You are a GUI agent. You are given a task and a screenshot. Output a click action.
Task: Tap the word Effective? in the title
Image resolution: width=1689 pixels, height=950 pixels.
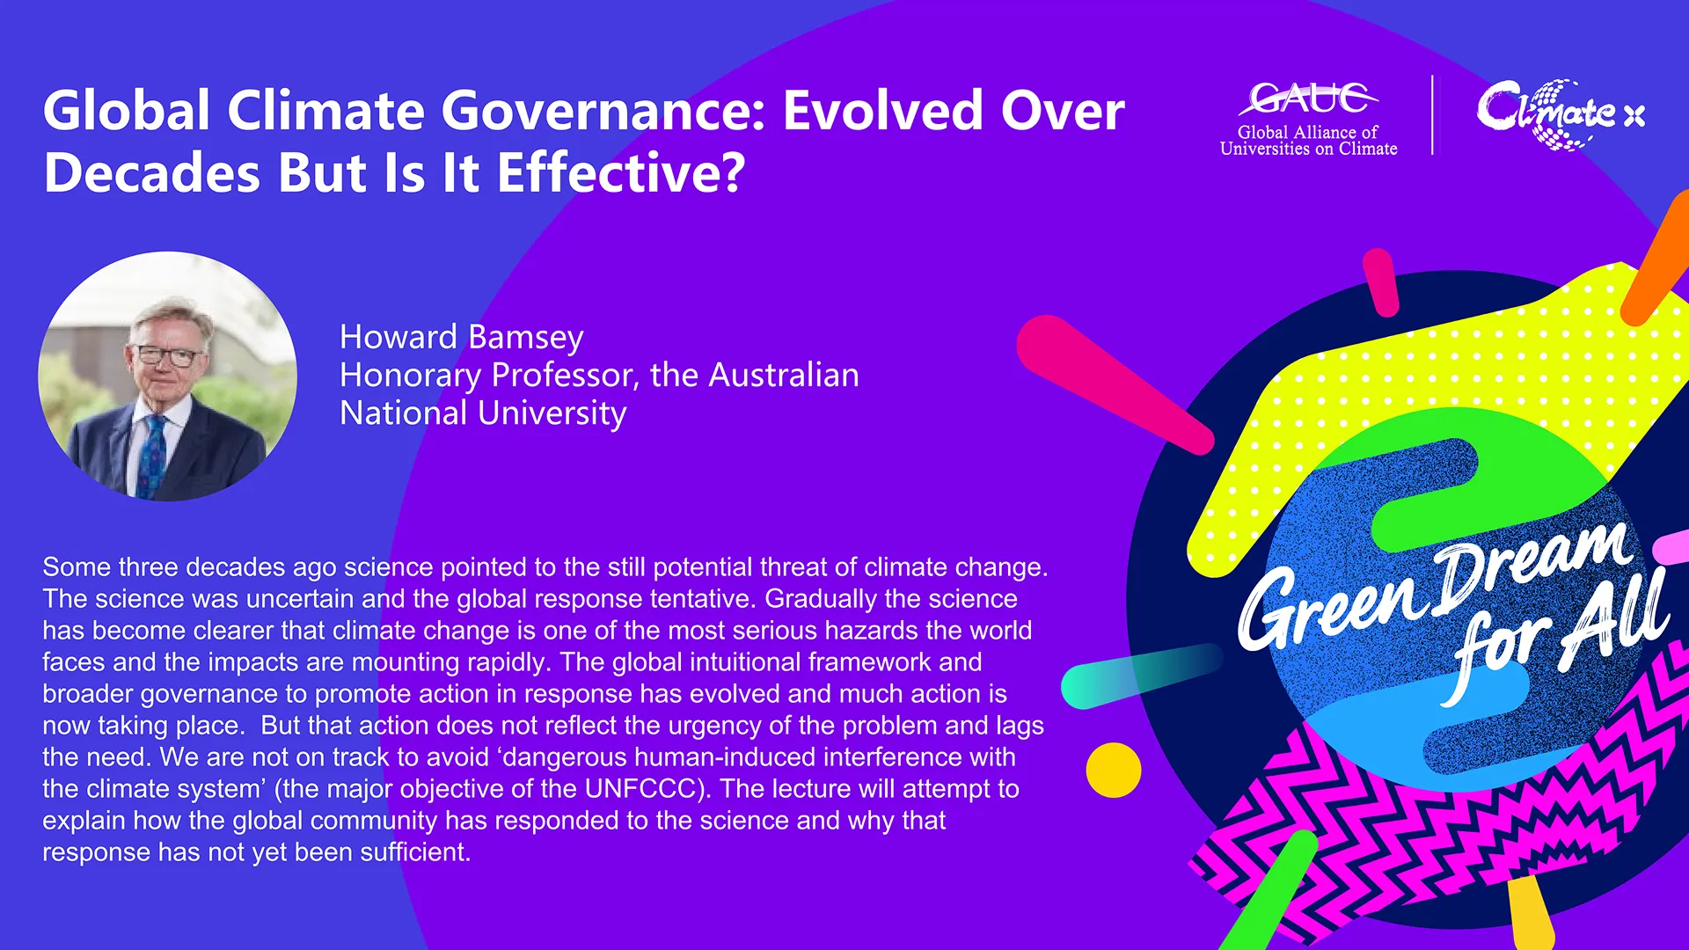(621, 172)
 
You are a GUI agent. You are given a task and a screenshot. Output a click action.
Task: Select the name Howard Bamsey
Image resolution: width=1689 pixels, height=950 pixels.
(462, 337)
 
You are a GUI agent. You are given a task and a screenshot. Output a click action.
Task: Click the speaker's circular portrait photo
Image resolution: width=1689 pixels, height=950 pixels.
(168, 376)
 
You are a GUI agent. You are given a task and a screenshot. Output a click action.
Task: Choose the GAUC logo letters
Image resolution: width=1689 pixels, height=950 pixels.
(1308, 98)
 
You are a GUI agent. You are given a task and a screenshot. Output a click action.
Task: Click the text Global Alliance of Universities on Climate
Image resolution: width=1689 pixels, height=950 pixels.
(1308, 141)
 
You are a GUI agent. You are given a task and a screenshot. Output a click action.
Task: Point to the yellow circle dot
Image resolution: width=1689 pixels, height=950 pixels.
(1114, 770)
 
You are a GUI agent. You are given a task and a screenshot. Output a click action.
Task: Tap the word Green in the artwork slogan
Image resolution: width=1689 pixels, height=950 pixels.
(1334, 607)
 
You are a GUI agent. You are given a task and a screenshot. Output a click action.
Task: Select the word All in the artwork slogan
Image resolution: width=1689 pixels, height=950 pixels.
(1615, 616)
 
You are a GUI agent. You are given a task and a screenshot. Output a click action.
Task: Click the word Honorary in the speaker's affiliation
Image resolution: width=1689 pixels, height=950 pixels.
(411, 376)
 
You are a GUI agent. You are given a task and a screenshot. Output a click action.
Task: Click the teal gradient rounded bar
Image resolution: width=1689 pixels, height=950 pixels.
(1142, 676)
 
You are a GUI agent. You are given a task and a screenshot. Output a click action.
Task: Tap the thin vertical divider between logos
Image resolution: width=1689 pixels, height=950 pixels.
(1433, 115)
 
